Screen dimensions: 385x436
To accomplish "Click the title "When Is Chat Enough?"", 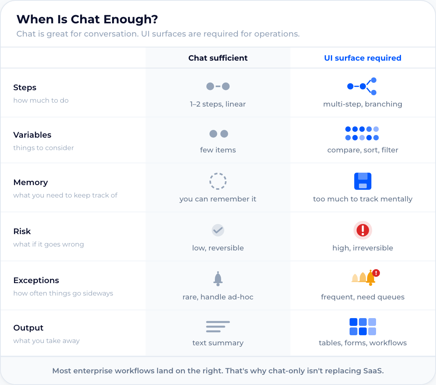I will click(87, 19).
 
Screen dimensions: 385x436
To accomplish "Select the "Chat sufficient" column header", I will click(218, 58).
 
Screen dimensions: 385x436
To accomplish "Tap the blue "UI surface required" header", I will click(362, 58).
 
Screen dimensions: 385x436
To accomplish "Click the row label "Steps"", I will click(25, 87).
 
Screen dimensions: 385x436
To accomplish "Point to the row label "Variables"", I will click(32, 135).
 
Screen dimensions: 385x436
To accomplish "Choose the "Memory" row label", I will click(30, 182).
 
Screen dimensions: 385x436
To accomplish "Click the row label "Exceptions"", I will click(36, 280).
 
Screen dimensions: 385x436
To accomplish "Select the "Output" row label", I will click(28, 328).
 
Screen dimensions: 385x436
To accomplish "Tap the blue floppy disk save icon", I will click(363, 181).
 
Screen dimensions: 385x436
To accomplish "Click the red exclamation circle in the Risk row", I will click(363, 230).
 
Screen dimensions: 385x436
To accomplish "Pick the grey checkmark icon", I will click(218, 230).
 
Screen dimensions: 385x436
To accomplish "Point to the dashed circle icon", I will click(218, 181).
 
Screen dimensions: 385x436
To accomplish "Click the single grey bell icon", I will click(218, 278).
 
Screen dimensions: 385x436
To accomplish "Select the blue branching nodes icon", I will click(362, 86).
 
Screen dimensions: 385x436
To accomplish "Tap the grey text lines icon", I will click(218, 327).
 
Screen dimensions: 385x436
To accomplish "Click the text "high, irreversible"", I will click(362, 248).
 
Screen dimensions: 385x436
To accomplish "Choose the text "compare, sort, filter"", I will click(362, 150).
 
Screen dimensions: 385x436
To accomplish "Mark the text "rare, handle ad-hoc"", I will click(218, 297).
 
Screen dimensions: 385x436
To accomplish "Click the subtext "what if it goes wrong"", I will click(49, 244).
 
